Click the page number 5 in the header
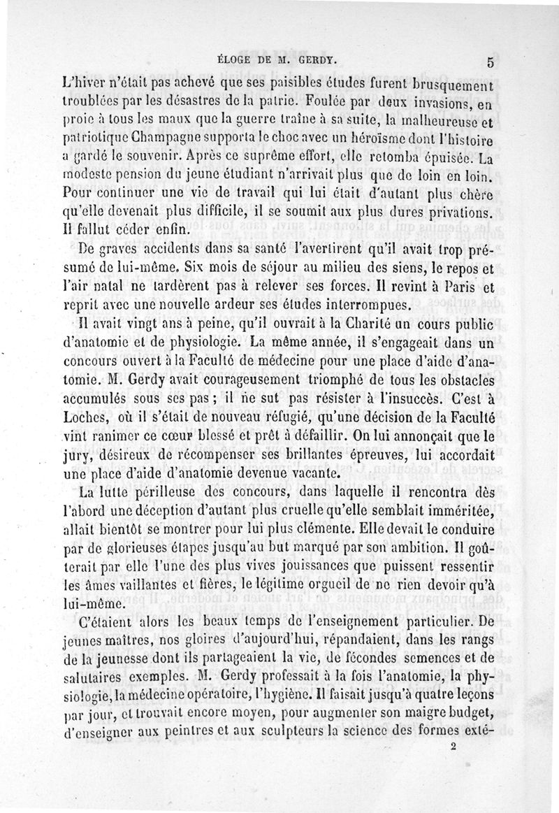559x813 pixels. coord(491,62)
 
